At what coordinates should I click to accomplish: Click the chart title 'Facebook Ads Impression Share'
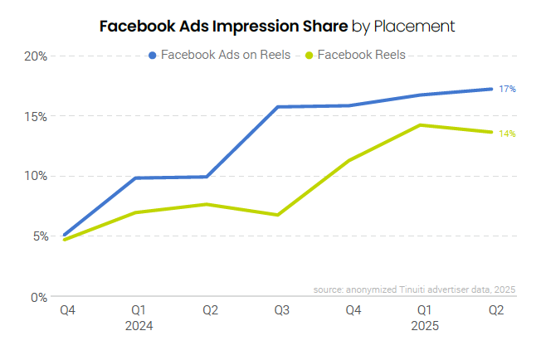coord(224,26)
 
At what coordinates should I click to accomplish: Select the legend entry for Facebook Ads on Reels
coord(219,56)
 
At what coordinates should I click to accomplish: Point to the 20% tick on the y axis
coord(34,56)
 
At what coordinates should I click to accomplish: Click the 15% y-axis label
coord(34,116)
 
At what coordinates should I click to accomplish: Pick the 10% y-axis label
coord(34,176)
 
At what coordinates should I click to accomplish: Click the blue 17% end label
coord(507,89)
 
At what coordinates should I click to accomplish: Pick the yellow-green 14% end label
coord(507,134)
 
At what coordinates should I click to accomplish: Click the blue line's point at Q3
coord(278,107)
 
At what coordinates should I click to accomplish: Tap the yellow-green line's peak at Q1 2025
coord(421,125)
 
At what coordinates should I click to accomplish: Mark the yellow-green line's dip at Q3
coord(278,215)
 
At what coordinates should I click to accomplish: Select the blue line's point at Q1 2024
coord(135,178)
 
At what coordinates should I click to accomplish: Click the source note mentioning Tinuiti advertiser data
coord(415,289)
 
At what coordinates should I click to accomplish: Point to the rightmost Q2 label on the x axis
coord(495,310)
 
